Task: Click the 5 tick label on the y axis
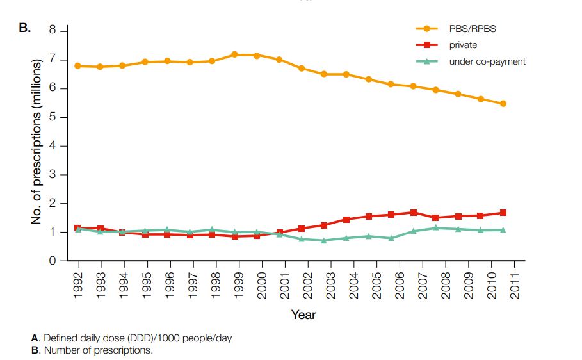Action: pos(54,117)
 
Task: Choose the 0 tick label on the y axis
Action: pos(54,261)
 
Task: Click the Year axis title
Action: pos(303,315)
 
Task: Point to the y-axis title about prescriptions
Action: pos(37,141)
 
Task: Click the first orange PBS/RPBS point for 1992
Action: pos(78,66)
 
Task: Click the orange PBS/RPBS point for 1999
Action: pos(234,54)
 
